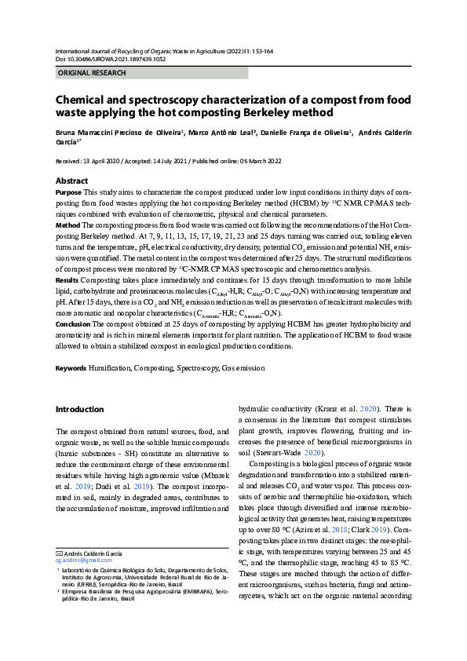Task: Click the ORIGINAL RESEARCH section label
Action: click(x=92, y=73)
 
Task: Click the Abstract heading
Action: click(x=71, y=181)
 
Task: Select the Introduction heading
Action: click(x=79, y=409)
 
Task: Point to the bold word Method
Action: click(x=67, y=225)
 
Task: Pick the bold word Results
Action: click(x=67, y=279)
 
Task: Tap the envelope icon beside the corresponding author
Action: click(x=58, y=554)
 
